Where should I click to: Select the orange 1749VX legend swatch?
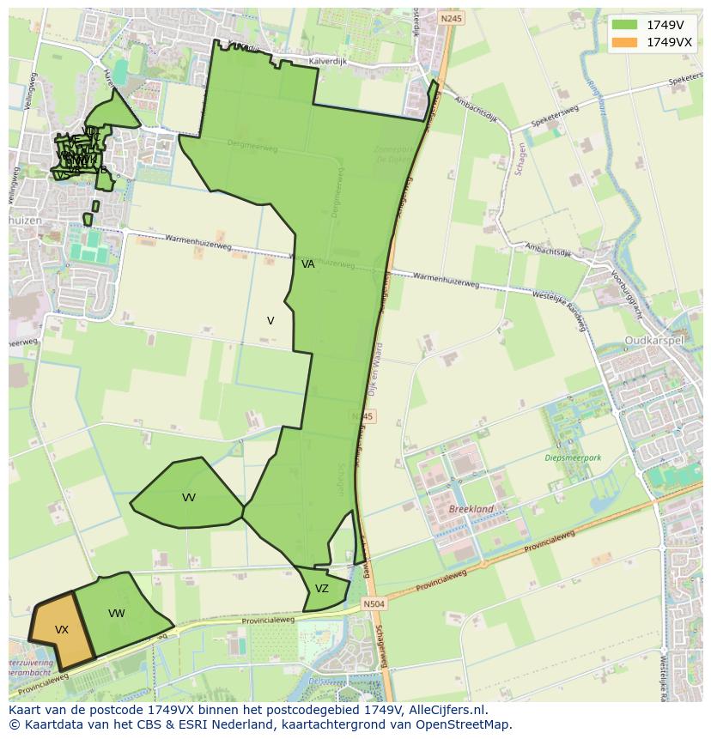click(x=625, y=42)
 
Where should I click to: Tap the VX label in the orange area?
click(x=62, y=630)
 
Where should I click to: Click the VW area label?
click(x=117, y=614)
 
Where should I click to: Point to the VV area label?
click(x=189, y=498)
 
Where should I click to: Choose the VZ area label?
click(x=322, y=589)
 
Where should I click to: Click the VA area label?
click(x=308, y=264)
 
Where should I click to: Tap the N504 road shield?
click(x=374, y=604)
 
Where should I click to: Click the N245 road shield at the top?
click(x=450, y=18)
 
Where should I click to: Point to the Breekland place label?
click(x=471, y=509)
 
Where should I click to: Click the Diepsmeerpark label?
click(x=573, y=457)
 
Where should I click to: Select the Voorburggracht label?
click(x=627, y=293)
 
